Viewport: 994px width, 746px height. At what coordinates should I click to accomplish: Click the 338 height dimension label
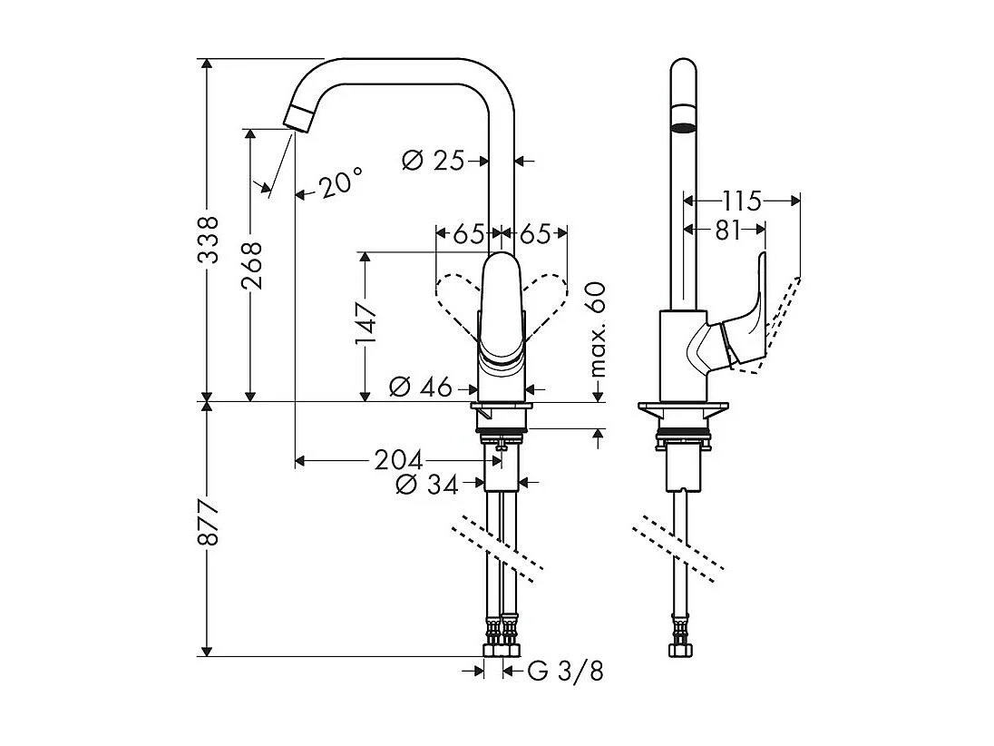(209, 240)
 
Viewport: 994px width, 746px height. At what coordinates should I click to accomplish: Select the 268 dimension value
(252, 264)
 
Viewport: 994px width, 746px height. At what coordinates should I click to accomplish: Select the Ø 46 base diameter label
(420, 388)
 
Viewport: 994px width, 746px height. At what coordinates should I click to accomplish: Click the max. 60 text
(597, 329)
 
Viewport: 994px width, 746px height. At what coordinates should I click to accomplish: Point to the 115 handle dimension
(742, 200)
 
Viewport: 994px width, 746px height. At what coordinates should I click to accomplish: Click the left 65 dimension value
(468, 233)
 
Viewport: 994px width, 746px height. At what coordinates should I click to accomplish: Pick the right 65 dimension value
(536, 233)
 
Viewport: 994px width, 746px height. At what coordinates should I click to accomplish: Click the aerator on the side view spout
(684, 124)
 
